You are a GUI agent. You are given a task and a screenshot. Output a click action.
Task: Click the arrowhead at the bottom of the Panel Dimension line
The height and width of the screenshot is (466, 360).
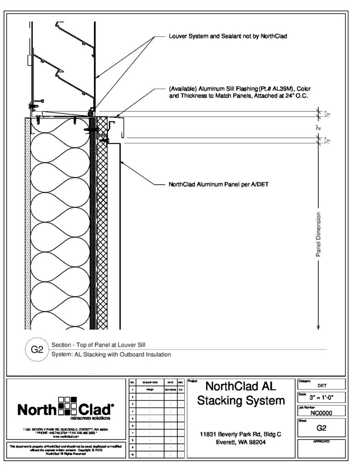(319, 326)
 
